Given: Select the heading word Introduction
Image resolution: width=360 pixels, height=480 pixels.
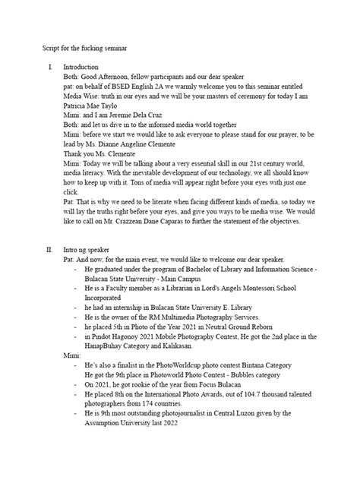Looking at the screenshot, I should (81, 67).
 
